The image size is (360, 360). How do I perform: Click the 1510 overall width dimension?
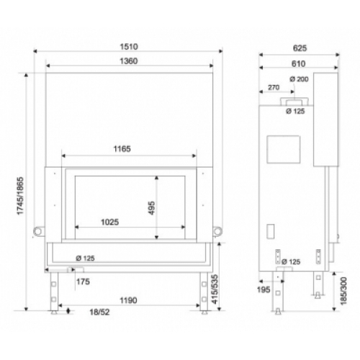tap(129, 47)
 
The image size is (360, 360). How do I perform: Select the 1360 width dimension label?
tap(129, 61)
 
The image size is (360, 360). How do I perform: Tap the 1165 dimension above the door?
tap(122, 149)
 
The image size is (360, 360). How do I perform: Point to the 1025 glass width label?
tap(109, 222)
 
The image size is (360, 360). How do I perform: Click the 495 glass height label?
tap(152, 208)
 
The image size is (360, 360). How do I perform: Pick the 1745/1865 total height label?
tap(20, 196)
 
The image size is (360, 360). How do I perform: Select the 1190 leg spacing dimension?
tap(128, 300)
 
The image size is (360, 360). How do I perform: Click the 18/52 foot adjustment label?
tap(99, 312)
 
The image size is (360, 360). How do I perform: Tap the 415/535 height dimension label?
tap(215, 289)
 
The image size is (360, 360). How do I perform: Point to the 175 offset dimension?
tap(83, 282)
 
